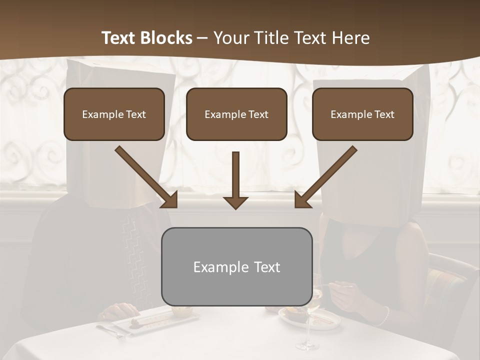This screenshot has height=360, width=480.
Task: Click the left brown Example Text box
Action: click(x=114, y=114)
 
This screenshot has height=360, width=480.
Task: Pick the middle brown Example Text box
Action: click(x=236, y=114)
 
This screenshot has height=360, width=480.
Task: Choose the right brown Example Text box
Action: click(x=362, y=114)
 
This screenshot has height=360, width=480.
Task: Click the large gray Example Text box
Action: click(x=237, y=266)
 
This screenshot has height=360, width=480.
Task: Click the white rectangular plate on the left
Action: click(x=150, y=320)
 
